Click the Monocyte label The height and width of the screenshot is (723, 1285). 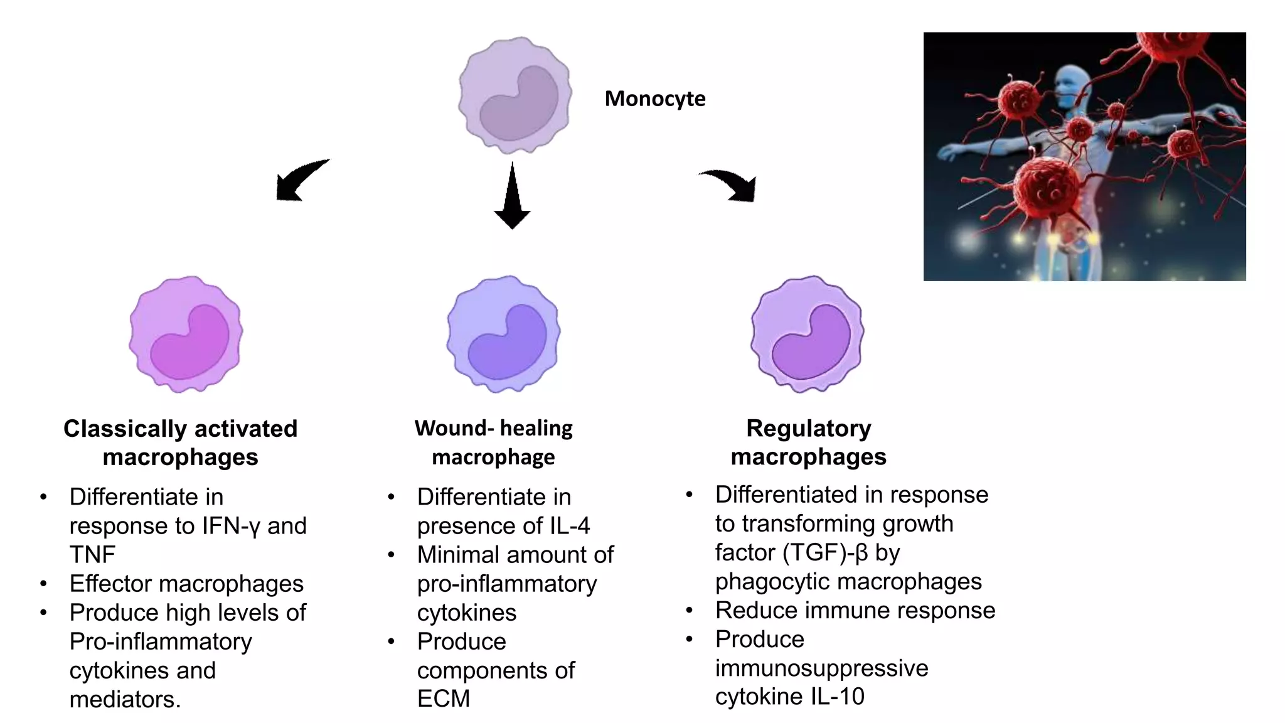654,99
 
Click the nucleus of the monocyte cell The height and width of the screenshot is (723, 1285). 518,104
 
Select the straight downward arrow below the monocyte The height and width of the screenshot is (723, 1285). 512,198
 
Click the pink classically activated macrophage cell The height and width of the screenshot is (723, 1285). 186,334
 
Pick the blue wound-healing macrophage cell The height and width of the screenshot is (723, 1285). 503,334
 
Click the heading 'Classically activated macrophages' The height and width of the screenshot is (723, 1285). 180,442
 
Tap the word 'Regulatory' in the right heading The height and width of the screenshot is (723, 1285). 808,428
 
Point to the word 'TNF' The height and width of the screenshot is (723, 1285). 92,555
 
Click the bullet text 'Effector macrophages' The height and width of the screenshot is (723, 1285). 186,584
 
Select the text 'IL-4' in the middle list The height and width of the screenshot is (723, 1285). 570,526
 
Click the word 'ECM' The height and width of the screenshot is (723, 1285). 443,699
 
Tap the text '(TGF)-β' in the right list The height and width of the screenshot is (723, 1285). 826,552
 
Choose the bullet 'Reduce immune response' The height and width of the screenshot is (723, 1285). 855,610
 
